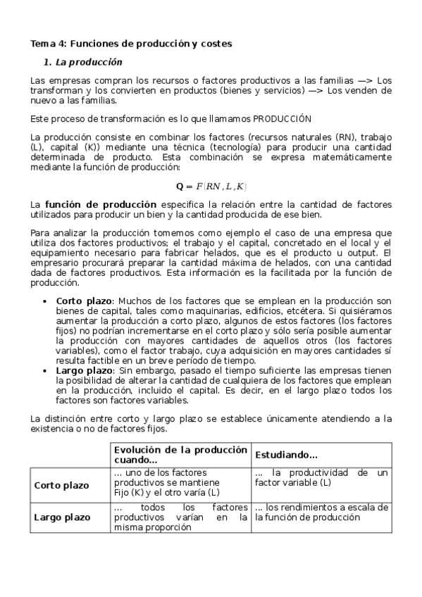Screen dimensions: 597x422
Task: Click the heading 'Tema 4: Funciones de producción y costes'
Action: tap(131, 44)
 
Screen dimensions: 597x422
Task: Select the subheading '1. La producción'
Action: tap(83, 62)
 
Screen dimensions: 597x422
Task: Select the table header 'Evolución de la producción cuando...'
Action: tap(180, 455)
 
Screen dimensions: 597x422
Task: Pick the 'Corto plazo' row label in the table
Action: tap(62, 486)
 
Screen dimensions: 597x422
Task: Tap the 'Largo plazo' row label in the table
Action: tap(62, 517)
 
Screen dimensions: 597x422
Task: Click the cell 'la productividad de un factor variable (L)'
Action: tap(321, 477)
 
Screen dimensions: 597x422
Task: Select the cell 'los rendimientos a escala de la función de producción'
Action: tap(321, 512)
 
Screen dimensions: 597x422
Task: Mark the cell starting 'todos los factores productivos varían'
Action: tap(180, 517)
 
